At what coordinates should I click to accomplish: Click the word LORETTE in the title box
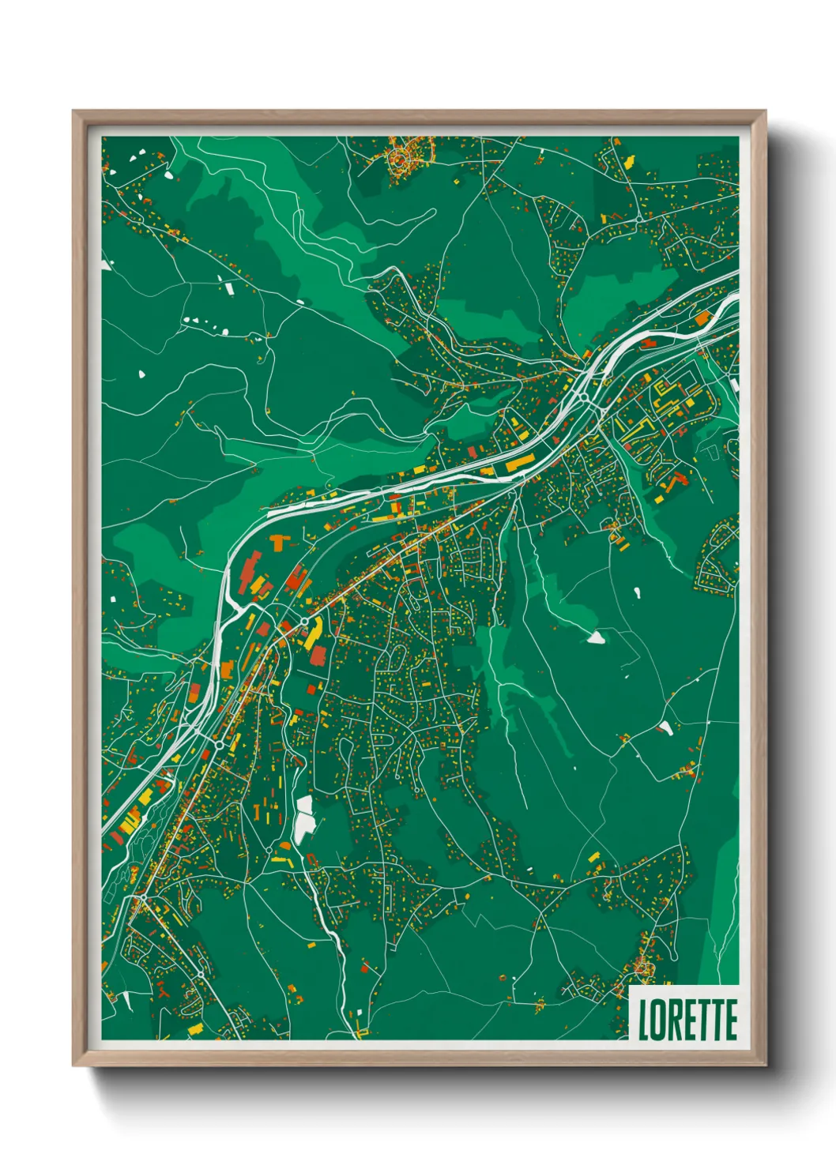(687, 1020)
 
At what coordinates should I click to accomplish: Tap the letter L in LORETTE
(643, 1020)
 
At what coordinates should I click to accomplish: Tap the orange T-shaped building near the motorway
(279, 543)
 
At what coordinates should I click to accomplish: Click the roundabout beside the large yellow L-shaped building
(303, 622)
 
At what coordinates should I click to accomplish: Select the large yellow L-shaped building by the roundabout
(314, 631)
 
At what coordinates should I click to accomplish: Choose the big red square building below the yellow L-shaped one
(318, 656)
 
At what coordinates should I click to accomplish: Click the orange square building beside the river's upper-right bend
(702, 318)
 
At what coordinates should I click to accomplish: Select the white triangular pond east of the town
(596, 637)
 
